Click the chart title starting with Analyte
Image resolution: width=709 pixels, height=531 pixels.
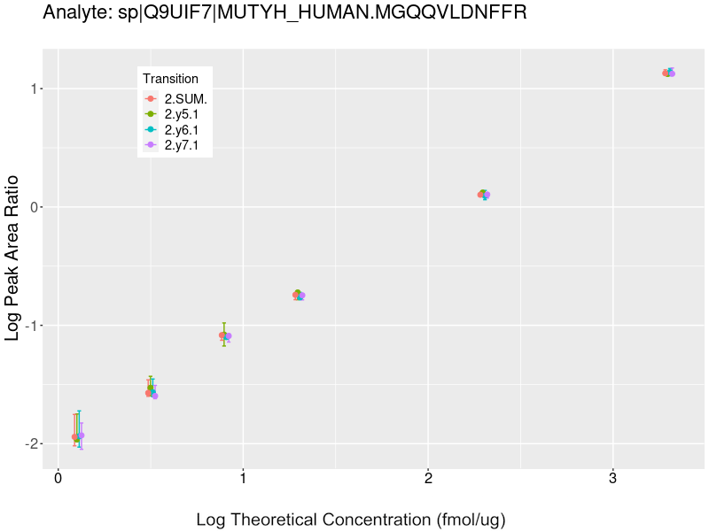(x=284, y=12)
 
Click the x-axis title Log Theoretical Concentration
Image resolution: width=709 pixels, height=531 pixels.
(x=350, y=519)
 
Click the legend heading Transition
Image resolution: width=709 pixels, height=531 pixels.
(x=170, y=79)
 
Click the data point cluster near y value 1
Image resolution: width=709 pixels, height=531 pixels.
(x=668, y=73)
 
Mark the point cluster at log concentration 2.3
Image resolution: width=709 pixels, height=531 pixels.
(x=484, y=194)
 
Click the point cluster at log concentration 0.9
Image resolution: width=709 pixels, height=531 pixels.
(x=225, y=335)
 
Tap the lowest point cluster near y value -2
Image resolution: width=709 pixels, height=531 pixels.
(x=78, y=436)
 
